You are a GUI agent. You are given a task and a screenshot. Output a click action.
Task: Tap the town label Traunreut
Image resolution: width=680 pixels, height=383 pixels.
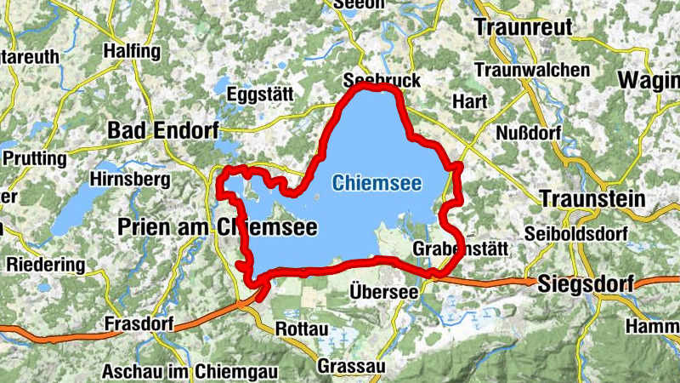pyautogui.click(x=523, y=27)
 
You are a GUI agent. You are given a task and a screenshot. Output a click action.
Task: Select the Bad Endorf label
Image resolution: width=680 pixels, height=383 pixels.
pyautogui.click(x=163, y=130)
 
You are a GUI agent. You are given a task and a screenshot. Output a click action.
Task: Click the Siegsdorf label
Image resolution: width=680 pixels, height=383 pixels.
pyautogui.click(x=586, y=285)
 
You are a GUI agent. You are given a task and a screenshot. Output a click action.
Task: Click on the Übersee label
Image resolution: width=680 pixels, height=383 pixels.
pyautogui.click(x=383, y=292)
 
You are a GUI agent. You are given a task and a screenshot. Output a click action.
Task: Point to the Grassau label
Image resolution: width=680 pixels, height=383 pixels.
pyautogui.click(x=349, y=366)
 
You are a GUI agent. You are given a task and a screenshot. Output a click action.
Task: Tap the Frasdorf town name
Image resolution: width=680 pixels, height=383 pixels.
pyautogui.click(x=139, y=324)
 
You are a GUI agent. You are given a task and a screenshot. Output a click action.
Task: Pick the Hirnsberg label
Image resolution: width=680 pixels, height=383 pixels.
pyautogui.click(x=129, y=180)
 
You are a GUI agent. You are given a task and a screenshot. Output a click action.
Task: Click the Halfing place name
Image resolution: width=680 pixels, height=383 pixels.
pyautogui.click(x=131, y=51)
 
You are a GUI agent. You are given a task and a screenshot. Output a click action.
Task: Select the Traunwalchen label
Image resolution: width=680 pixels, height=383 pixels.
pyautogui.click(x=533, y=69)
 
